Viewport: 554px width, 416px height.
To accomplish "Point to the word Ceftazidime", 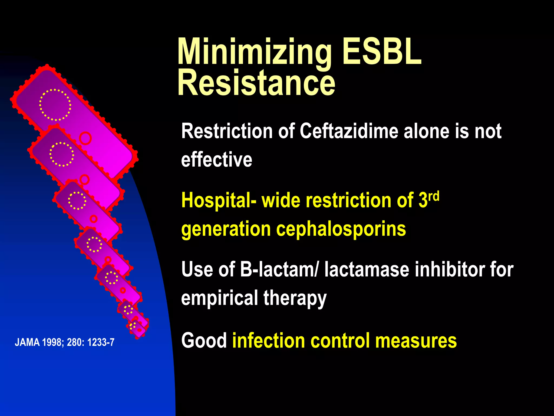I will [x=349, y=131].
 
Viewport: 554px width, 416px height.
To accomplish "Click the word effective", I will [x=216, y=160].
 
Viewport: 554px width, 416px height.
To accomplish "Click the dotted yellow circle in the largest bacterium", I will [x=55, y=105].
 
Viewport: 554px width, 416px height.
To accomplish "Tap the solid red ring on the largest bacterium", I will [x=85, y=138].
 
